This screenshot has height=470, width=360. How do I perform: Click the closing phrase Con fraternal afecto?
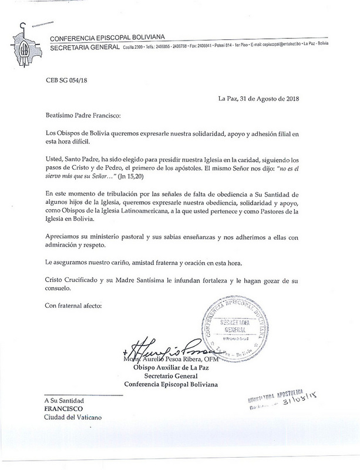coord(73,306)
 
